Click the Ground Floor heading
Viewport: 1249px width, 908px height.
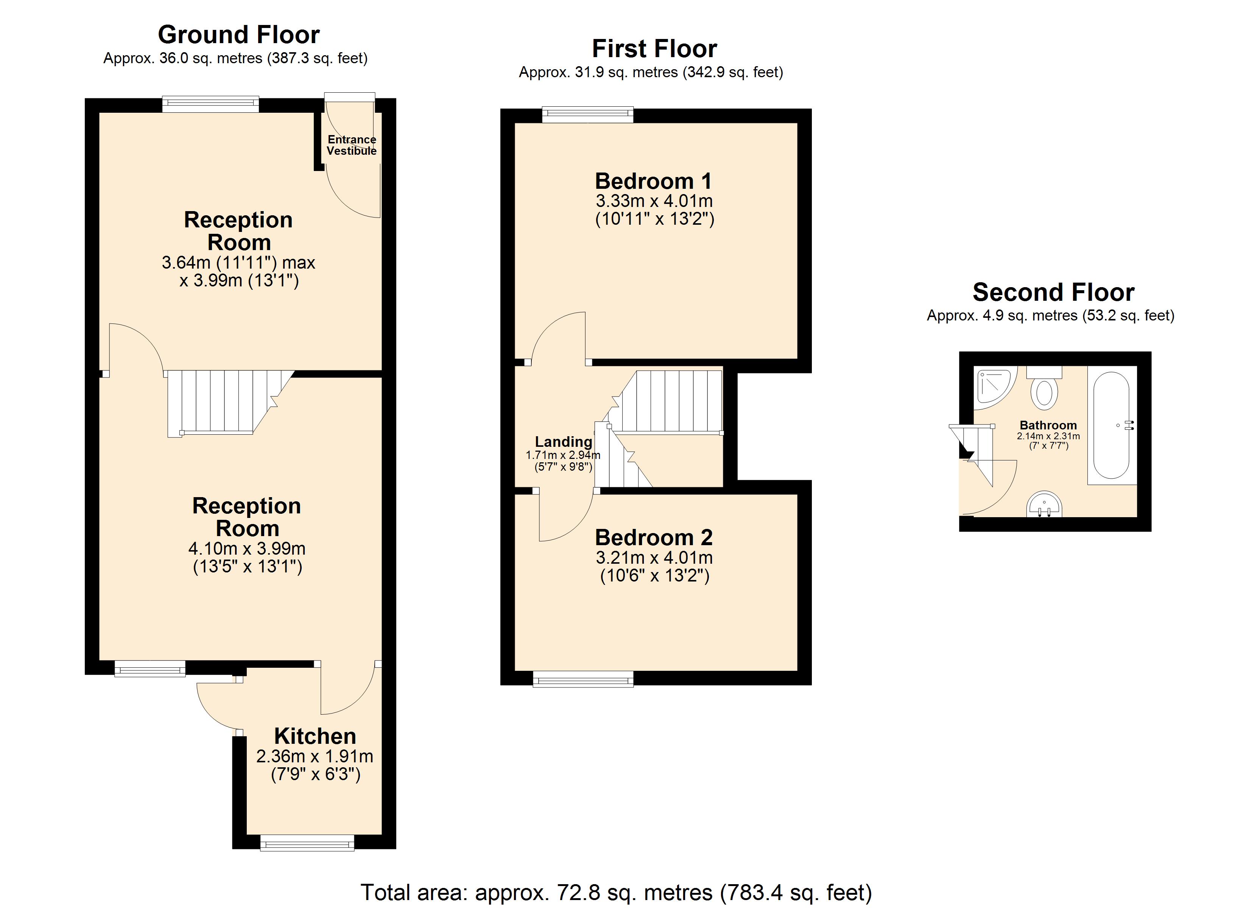click(x=238, y=35)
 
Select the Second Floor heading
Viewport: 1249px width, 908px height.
click(x=1053, y=292)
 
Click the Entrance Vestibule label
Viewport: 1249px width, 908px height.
click(x=352, y=145)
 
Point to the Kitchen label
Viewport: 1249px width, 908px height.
click(x=315, y=736)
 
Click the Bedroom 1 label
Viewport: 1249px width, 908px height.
click(x=654, y=181)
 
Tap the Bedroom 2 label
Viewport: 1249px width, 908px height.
click(x=654, y=537)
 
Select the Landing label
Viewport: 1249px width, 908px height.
click(x=563, y=442)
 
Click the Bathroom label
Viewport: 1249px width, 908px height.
click(x=1048, y=425)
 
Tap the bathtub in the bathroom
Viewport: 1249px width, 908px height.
click(x=1111, y=425)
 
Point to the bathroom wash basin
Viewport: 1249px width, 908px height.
click(x=1044, y=504)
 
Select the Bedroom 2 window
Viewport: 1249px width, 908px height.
click(x=583, y=679)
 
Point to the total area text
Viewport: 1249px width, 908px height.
click(x=616, y=892)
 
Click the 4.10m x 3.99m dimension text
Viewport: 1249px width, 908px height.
click(x=247, y=549)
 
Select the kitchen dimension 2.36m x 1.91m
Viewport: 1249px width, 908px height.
click(x=315, y=756)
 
